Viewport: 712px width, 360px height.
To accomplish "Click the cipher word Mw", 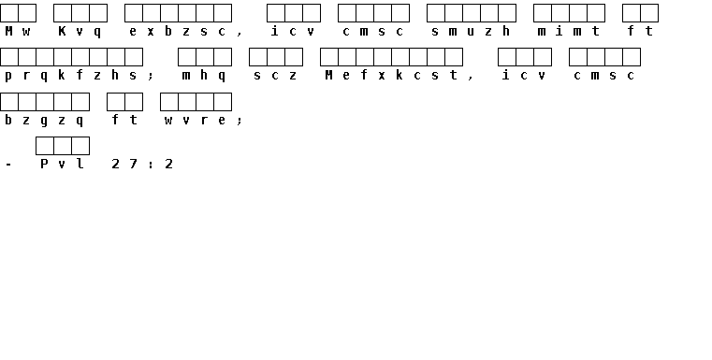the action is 18,31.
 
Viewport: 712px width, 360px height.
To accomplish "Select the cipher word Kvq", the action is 80,32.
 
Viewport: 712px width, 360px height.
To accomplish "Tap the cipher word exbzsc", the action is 178,31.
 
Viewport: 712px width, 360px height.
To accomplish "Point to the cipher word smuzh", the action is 472,31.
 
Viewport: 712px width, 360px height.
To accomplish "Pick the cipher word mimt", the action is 569,31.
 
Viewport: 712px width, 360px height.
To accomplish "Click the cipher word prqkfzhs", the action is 71,76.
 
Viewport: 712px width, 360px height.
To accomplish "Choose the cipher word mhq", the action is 204,76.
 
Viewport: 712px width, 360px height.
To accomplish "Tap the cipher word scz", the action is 276,76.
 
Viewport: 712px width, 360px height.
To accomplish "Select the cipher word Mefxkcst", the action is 391,76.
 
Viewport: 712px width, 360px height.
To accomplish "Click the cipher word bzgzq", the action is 45,121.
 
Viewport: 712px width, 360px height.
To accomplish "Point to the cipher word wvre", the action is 196,121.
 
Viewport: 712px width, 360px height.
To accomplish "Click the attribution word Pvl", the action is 62,164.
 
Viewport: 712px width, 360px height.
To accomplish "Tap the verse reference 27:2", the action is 142,164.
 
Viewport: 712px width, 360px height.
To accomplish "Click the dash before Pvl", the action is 8,165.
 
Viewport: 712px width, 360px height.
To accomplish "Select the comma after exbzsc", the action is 240,33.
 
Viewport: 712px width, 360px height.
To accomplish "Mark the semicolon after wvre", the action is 240,121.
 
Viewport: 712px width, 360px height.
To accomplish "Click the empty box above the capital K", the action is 62,13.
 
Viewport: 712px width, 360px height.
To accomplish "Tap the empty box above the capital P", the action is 45,146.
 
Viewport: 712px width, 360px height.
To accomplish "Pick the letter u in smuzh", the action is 471,31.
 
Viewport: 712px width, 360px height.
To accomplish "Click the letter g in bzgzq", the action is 45,122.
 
